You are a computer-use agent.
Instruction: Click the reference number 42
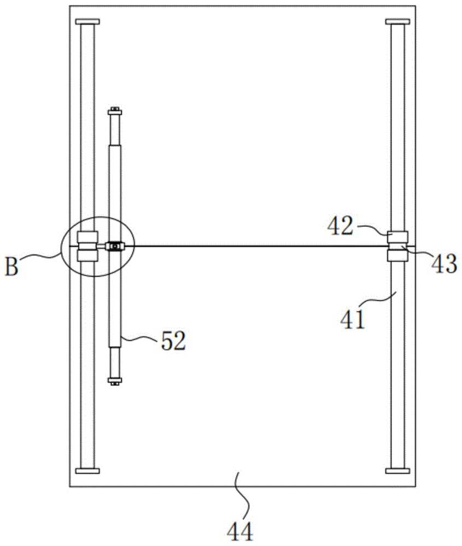click(x=340, y=227)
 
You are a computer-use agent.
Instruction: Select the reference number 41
click(x=353, y=319)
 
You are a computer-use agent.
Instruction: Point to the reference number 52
click(x=173, y=341)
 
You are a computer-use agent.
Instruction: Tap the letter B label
click(x=11, y=267)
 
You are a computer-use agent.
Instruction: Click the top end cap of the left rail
click(x=87, y=22)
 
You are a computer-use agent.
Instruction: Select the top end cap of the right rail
click(x=398, y=22)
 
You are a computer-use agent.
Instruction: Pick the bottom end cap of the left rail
click(x=87, y=471)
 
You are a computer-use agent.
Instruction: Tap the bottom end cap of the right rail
click(x=398, y=471)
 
